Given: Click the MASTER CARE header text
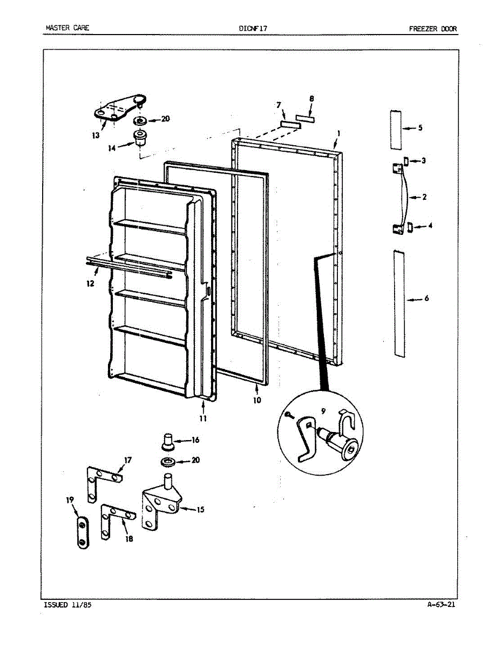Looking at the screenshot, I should click(x=67, y=28).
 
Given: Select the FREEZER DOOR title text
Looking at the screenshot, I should click(x=433, y=29).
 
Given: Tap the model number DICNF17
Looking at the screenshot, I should click(x=253, y=28).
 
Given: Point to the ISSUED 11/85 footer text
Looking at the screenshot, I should click(x=67, y=605).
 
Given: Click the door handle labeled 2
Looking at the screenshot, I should click(x=402, y=198).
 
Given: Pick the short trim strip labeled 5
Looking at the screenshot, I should click(x=396, y=130).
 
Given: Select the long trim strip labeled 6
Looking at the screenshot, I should click(x=398, y=303).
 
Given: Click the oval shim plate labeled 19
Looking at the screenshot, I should click(x=82, y=532).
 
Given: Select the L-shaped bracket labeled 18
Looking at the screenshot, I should click(x=112, y=519).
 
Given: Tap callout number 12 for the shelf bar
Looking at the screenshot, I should click(x=90, y=283).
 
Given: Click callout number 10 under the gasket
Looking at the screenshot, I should click(x=257, y=400).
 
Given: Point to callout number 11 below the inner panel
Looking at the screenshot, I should click(x=202, y=417).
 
